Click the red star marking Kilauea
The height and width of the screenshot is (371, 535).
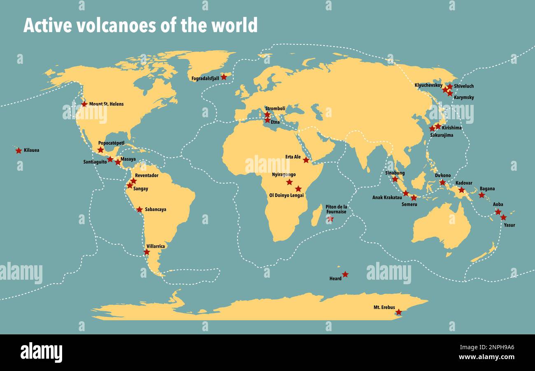pos(19,151)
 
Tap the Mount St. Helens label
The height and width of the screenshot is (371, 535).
pos(106,104)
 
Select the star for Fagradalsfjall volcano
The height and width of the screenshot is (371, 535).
pos(223,77)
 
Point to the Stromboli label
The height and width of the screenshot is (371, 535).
pos(275,109)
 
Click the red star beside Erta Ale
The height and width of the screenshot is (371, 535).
pos(306,160)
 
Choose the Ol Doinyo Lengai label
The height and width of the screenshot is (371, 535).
pos(286,195)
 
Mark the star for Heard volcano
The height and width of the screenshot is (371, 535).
pos(345,274)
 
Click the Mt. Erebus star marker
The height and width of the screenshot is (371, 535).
pos(398,312)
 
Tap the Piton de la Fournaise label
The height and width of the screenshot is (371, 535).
pos(336,209)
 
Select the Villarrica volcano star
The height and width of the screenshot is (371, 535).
pos(147,252)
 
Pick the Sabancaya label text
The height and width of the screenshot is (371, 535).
pos(156,209)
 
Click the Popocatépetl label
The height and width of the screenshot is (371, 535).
pos(111,143)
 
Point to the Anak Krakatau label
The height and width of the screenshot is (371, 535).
pos(387,197)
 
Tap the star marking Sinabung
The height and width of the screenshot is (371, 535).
pos(395,179)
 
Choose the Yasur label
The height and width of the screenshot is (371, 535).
pos(509,225)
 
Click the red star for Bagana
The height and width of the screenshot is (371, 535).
pos(481,195)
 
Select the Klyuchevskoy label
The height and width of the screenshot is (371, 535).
pos(428,85)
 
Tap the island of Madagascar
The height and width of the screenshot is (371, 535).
pos(316,216)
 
